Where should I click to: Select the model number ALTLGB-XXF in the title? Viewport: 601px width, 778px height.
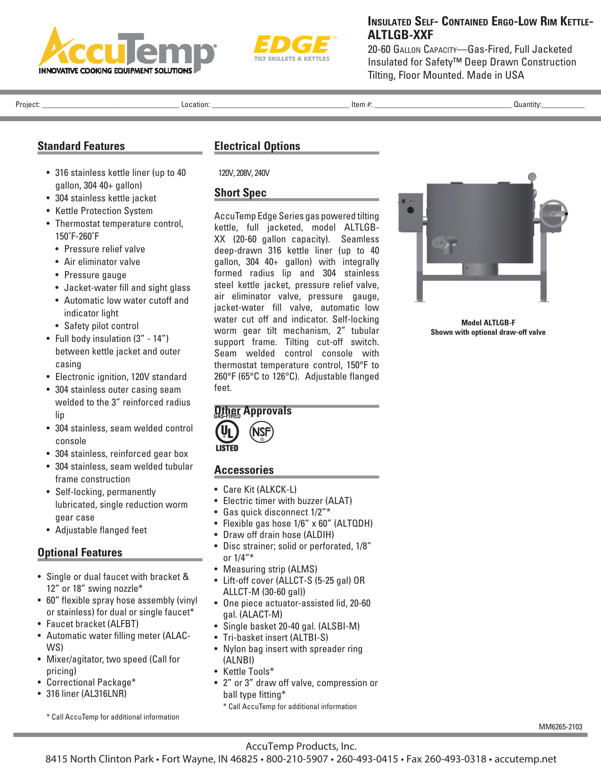click(400, 35)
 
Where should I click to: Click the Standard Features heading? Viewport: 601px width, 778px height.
click(81, 146)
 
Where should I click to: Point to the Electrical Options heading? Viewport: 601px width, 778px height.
click(257, 146)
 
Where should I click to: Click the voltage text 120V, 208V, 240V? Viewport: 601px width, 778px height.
click(244, 173)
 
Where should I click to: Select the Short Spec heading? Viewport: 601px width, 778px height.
click(240, 193)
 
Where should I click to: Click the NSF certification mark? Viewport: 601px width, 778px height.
click(261, 432)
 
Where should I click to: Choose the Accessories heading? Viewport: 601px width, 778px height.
click(244, 470)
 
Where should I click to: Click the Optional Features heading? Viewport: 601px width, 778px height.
click(80, 553)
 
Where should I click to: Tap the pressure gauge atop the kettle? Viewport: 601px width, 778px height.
click(532, 177)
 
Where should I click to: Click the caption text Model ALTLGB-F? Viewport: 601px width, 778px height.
click(488, 323)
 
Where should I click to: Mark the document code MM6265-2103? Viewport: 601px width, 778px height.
click(560, 727)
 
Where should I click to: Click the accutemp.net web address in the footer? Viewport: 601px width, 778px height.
click(525, 759)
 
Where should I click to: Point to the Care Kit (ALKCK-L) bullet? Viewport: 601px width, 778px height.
click(259, 489)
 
